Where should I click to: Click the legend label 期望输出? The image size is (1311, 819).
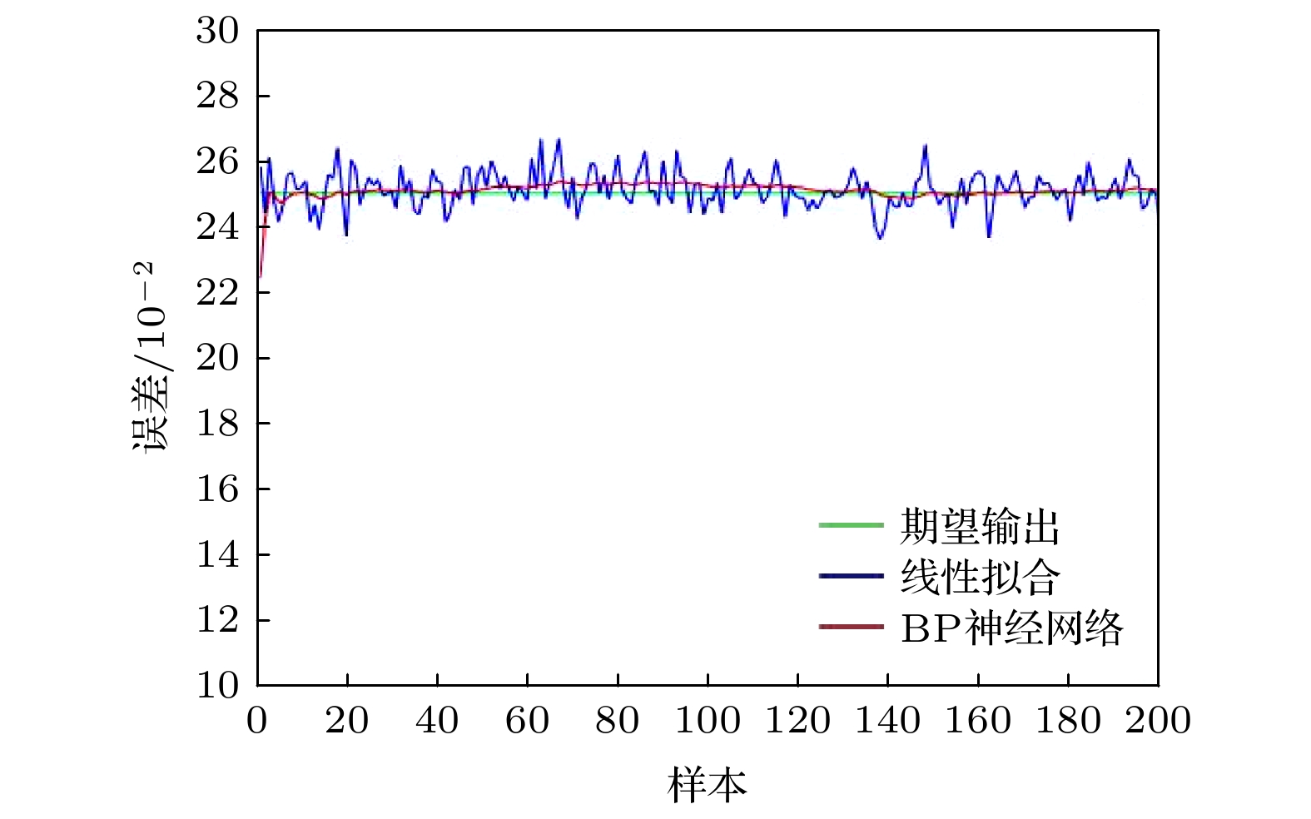(980, 526)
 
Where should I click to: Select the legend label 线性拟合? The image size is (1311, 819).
(980, 577)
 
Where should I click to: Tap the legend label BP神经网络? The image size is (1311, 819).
(1011, 628)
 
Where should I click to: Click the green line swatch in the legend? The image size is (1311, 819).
(850, 525)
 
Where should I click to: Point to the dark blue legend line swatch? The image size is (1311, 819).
(850, 576)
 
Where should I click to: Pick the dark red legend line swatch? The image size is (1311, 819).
(850, 627)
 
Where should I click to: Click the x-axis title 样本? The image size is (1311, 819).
(707, 785)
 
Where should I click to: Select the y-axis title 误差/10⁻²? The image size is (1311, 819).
(151, 358)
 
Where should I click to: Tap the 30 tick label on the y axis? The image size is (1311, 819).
(217, 31)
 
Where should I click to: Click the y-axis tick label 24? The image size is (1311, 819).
(217, 227)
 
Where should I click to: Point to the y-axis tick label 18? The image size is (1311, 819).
(217, 424)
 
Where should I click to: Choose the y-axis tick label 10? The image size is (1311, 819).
(217, 686)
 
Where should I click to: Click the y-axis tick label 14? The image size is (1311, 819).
(217, 554)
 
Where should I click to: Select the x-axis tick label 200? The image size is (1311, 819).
(1158, 721)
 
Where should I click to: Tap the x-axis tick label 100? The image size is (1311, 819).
(708, 721)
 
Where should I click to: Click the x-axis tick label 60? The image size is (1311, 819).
(527, 721)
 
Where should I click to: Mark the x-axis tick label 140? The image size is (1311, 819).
(888, 721)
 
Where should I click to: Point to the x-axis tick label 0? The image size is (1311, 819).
(257, 721)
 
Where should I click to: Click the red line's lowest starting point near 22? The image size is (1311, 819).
(261, 275)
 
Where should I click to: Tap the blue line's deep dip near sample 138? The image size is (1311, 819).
(880, 239)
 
